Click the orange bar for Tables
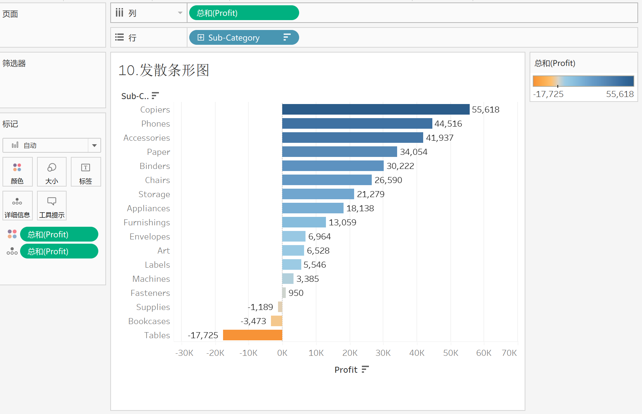pyautogui.click(x=253, y=335)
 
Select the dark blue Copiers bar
pyautogui.click(x=376, y=109)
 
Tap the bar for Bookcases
pyautogui.click(x=277, y=321)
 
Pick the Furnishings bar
pyautogui.click(x=304, y=222)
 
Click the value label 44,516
pyautogui.click(x=448, y=124)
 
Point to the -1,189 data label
pyautogui.click(x=260, y=307)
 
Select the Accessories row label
pyautogui.click(x=147, y=138)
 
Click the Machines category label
pyautogui.click(x=151, y=279)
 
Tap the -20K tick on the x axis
pyautogui.click(x=215, y=353)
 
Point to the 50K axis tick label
pyautogui.click(x=450, y=353)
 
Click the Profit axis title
pyautogui.click(x=346, y=370)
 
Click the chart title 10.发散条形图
pyautogui.click(x=163, y=70)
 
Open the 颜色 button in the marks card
pyautogui.click(x=17, y=172)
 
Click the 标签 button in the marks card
pyautogui.click(x=86, y=172)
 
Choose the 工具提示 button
pyautogui.click(x=52, y=206)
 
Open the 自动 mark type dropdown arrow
pyautogui.click(x=94, y=145)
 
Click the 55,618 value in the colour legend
pyautogui.click(x=619, y=94)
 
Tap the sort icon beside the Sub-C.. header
pyautogui.click(x=155, y=96)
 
